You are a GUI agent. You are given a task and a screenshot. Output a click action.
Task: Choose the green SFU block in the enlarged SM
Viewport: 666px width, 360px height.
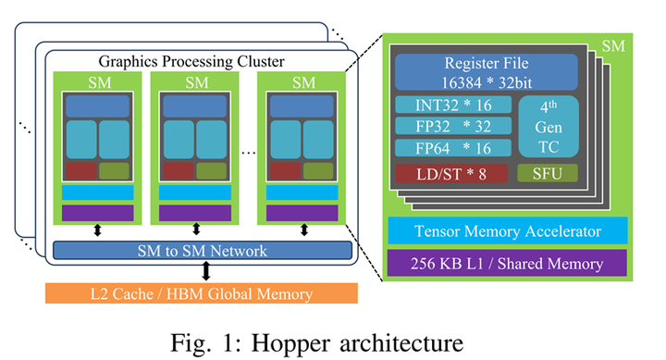click(x=548, y=173)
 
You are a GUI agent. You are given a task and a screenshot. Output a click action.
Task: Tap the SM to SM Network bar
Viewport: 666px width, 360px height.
click(x=202, y=251)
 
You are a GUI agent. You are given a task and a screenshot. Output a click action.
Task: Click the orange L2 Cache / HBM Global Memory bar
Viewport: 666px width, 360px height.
click(x=202, y=294)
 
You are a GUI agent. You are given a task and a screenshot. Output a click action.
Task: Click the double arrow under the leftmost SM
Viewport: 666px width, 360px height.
click(x=97, y=230)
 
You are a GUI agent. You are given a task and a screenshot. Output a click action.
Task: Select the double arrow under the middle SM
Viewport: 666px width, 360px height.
click(x=196, y=230)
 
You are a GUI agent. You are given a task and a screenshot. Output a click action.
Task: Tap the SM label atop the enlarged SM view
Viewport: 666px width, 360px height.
click(x=611, y=44)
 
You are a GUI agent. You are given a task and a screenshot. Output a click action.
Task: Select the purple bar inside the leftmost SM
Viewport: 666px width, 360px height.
click(x=97, y=212)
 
